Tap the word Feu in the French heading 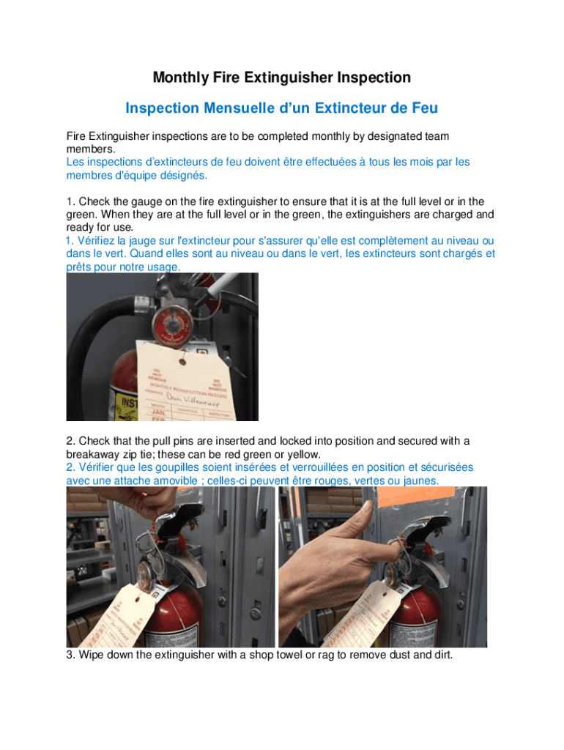click(x=424, y=108)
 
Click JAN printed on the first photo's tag click(x=158, y=412)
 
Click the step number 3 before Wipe click(x=70, y=655)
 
